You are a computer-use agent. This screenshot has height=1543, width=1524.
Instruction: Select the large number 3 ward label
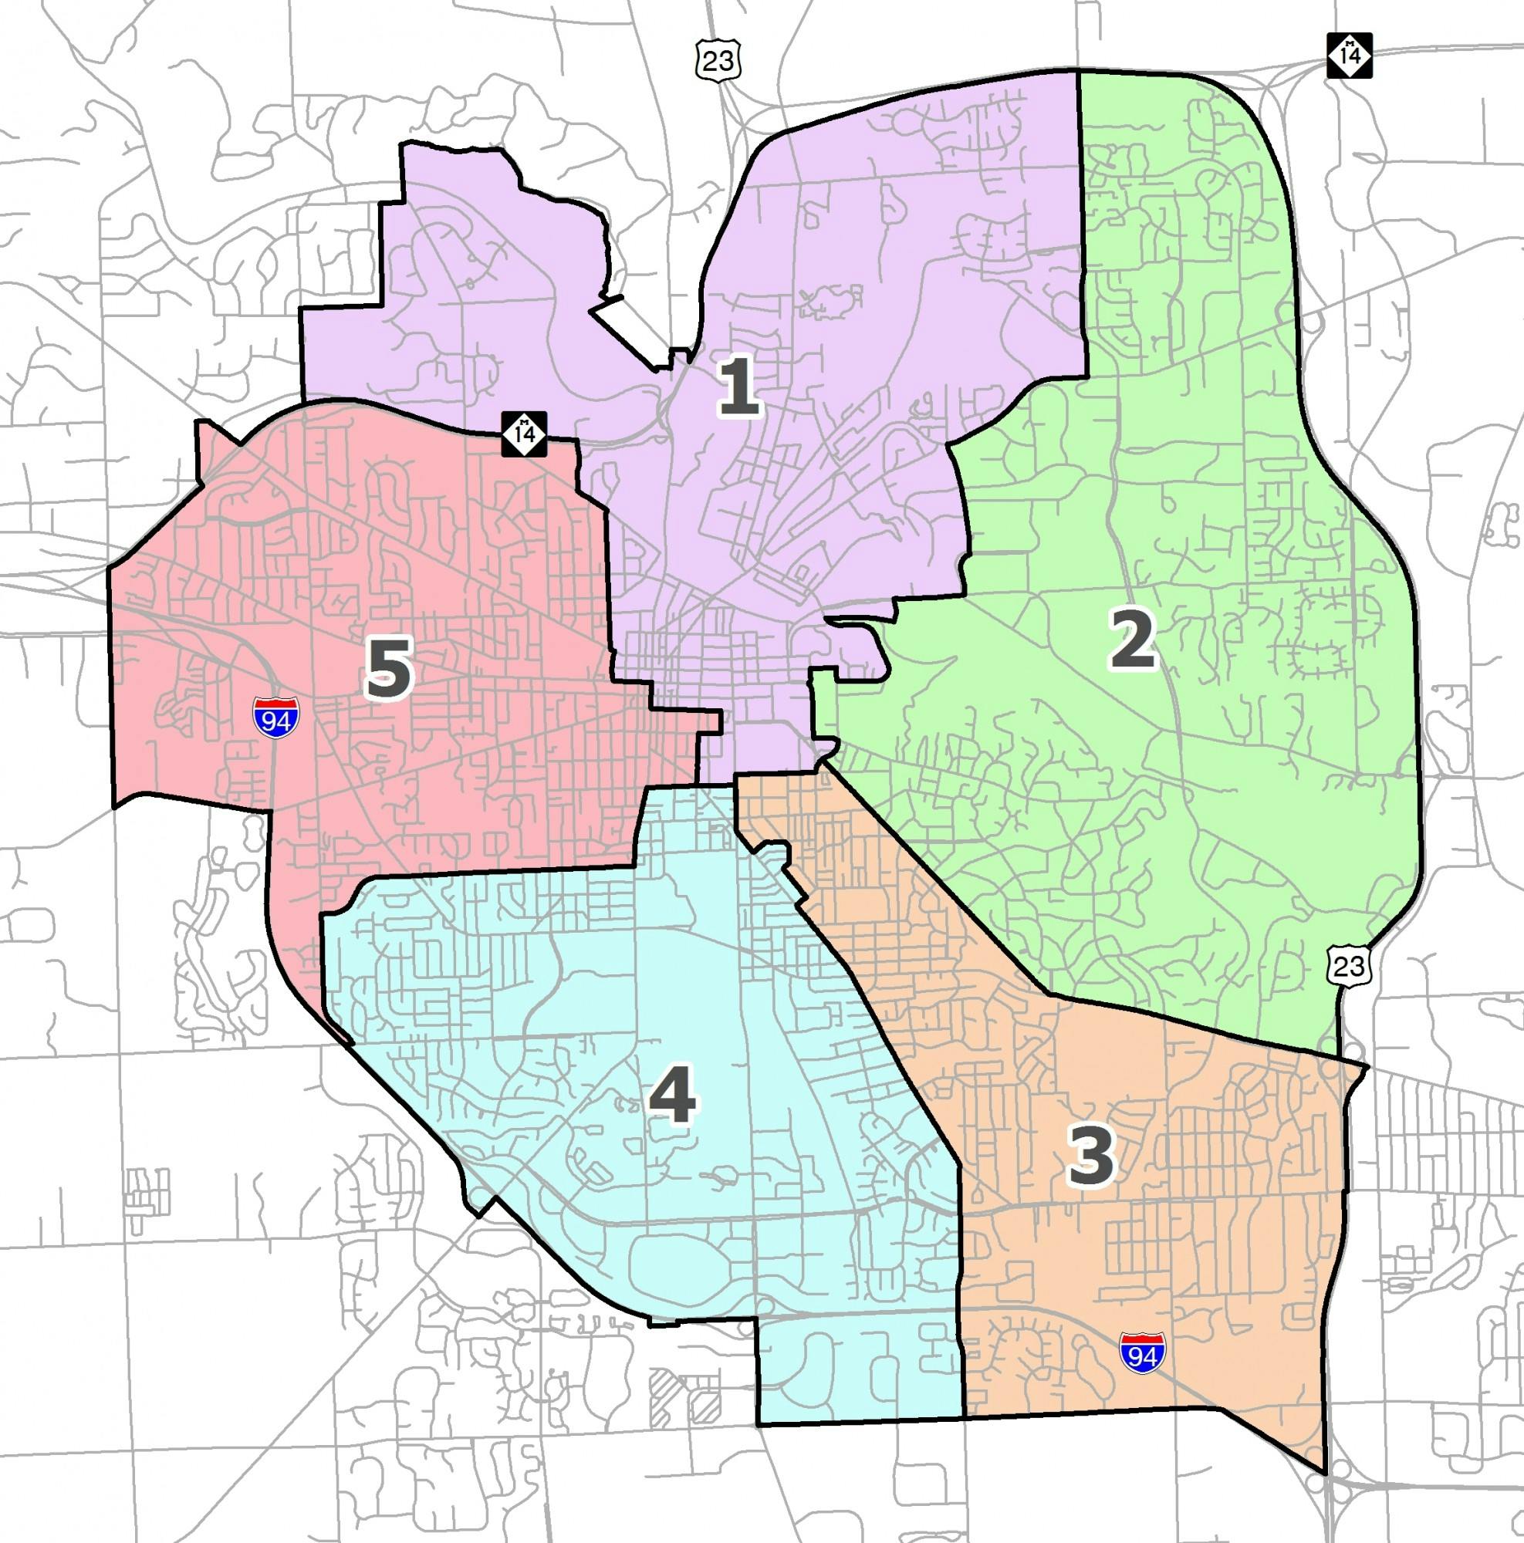tap(1090, 1158)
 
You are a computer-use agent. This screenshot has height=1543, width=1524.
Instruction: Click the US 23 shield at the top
tap(718, 61)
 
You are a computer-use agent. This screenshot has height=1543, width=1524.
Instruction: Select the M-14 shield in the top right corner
tap(1350, 56)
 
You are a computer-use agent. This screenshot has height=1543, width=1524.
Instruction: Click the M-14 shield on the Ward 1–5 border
tap(525, 434)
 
